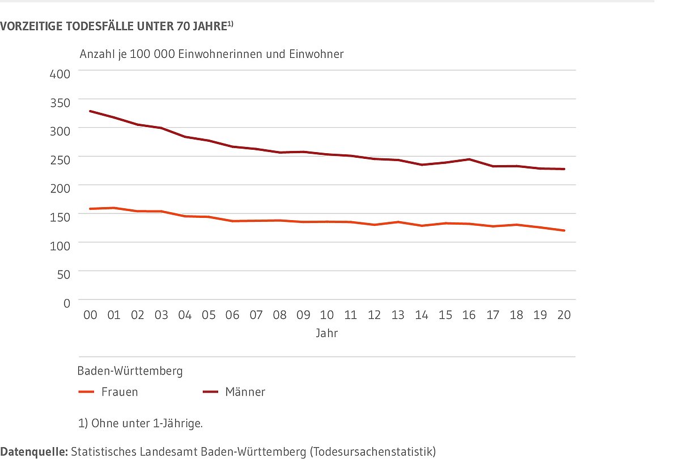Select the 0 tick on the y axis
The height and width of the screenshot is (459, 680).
click(x=67, y=303)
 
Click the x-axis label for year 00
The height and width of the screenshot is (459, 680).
click(x=90, y=315)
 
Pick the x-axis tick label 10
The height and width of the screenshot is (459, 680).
click(x=327, y=315)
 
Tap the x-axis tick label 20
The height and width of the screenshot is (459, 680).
click(x=564, y=315)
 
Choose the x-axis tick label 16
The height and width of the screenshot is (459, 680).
click(x=469, y=315)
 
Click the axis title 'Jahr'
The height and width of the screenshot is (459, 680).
click(x=327, y=334)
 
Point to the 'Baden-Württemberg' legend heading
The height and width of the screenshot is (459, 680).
click(x=130, y=371)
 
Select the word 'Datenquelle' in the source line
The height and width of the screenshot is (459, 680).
click(x=33, y=452)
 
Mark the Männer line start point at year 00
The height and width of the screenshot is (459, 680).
click(x=90, y=111)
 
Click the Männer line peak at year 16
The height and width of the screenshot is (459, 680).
click(x=469, y=159)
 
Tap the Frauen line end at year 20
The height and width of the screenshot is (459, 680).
click(x=564, y=230)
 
